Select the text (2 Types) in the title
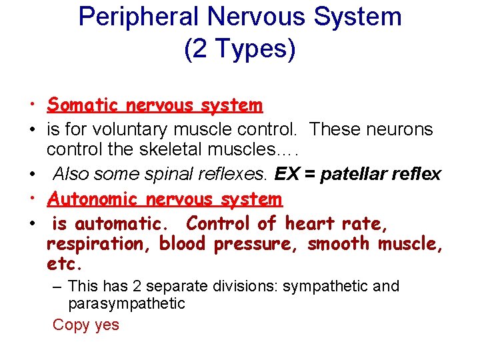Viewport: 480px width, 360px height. click(239, 50)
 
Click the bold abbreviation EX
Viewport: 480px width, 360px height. click(287, 174)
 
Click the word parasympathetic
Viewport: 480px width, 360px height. click(127, 304)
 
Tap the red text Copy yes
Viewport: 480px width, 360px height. click(86, 325)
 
